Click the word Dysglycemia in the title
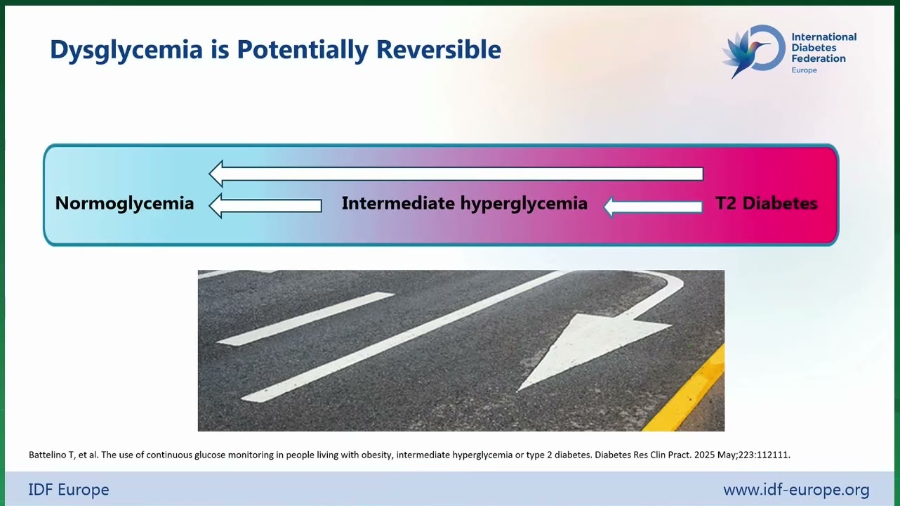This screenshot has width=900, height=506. [x=126, y=51]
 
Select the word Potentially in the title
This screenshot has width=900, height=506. [x=302, y=51]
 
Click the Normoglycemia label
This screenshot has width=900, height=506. [x=124, y=204]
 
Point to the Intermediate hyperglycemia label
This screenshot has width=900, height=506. [x=465, y=204]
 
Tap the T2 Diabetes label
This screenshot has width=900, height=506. [x=766, y=203]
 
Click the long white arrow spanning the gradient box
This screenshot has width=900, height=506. [x=456, y=174]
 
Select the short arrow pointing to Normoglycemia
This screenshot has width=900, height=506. [x=265, y=205]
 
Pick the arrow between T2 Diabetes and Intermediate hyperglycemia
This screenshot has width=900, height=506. [x=653, y=207]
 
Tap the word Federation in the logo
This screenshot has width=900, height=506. [x=819, y=59]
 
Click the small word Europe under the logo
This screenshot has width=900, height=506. [x=804, y=70]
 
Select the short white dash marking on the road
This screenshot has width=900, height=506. [x=305, y=318]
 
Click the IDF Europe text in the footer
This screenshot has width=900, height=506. [x=69, y=490]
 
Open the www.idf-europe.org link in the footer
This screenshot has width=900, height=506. [x=796, y=490]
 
